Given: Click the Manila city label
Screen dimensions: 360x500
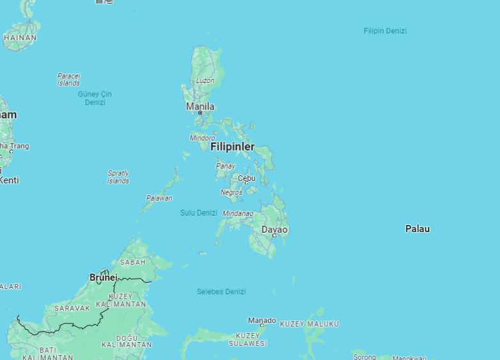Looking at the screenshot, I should point(200,106).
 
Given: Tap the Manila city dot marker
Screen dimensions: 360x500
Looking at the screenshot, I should point(200,113).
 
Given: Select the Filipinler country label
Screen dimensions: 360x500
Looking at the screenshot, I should point(232,146).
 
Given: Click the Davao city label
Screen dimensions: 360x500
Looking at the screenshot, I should point(274,229).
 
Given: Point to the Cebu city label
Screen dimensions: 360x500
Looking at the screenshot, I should point(246,178).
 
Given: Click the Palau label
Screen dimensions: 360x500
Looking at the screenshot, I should point(418,228).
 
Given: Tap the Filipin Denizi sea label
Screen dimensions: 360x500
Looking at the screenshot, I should point(385,31).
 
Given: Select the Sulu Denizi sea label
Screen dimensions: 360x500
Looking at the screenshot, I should point(198,212).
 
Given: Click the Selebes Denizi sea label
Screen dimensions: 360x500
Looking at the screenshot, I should point(221,292).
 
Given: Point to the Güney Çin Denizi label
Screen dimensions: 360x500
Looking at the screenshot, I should point(95,98).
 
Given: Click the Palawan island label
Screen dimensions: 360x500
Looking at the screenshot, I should point(159,198).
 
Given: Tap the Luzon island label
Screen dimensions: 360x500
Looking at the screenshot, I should point(205,81).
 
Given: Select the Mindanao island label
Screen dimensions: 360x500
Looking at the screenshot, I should point(238,213).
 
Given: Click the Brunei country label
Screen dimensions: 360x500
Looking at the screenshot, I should point(104,278).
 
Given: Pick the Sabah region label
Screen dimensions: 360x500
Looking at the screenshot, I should point(133,262).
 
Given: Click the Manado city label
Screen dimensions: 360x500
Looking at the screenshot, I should point(262,320).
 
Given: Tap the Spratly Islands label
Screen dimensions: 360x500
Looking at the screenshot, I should point(118,176).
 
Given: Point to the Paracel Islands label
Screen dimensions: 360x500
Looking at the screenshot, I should point(68,79).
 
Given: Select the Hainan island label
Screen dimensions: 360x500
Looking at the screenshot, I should point(20,38).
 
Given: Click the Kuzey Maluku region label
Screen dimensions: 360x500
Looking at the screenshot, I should point(309,324).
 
